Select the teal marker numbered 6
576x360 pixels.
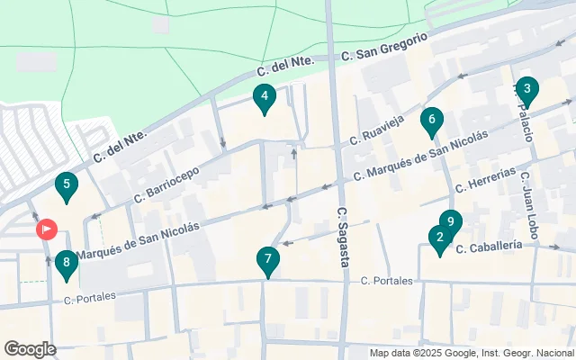click(x=433, y=121)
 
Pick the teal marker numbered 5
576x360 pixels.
click(x=65, y=188)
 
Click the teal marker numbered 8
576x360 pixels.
click(x=65, y=265)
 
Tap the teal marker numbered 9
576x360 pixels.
click(x=451, y=221)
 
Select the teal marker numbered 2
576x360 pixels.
click(x=439, y=239)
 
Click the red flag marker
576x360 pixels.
click(x=46, y=229)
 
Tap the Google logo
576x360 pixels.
click(x=30, y=349)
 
